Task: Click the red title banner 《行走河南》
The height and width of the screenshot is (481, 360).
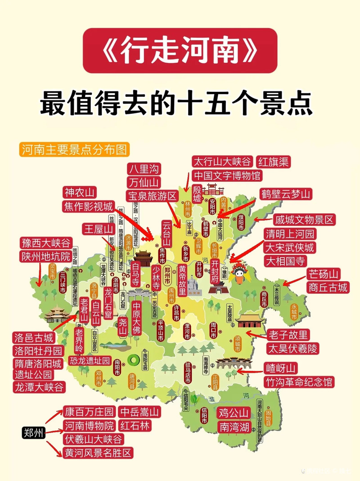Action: (x=180, y=50)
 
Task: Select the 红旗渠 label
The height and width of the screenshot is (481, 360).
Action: (x=273, y=162)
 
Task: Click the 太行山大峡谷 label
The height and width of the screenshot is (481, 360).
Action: (x=223, y=162)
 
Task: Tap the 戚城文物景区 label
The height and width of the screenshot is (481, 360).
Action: (x=304, y=220)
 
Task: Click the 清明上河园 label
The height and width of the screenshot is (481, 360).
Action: (x=290, y=234)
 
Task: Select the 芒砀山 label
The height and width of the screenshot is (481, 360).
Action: (x=324, y=274)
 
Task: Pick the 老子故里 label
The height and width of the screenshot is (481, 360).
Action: (x=288, y=335)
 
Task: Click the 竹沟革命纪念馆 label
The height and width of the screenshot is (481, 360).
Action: (x=299, y=382)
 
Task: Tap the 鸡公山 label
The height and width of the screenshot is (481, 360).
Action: (x=234, y=413)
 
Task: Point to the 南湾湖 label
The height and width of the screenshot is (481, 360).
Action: (x=234, y=427)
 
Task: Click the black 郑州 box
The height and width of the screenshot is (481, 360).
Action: (x=34, y=433)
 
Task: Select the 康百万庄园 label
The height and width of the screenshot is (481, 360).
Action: (x=89, y=412)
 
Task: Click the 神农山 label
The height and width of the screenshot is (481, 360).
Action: (x=79, y=193)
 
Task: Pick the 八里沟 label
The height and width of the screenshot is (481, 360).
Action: (x=144, y=169)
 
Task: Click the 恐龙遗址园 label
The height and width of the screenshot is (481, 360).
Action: (x=90, y=360)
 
